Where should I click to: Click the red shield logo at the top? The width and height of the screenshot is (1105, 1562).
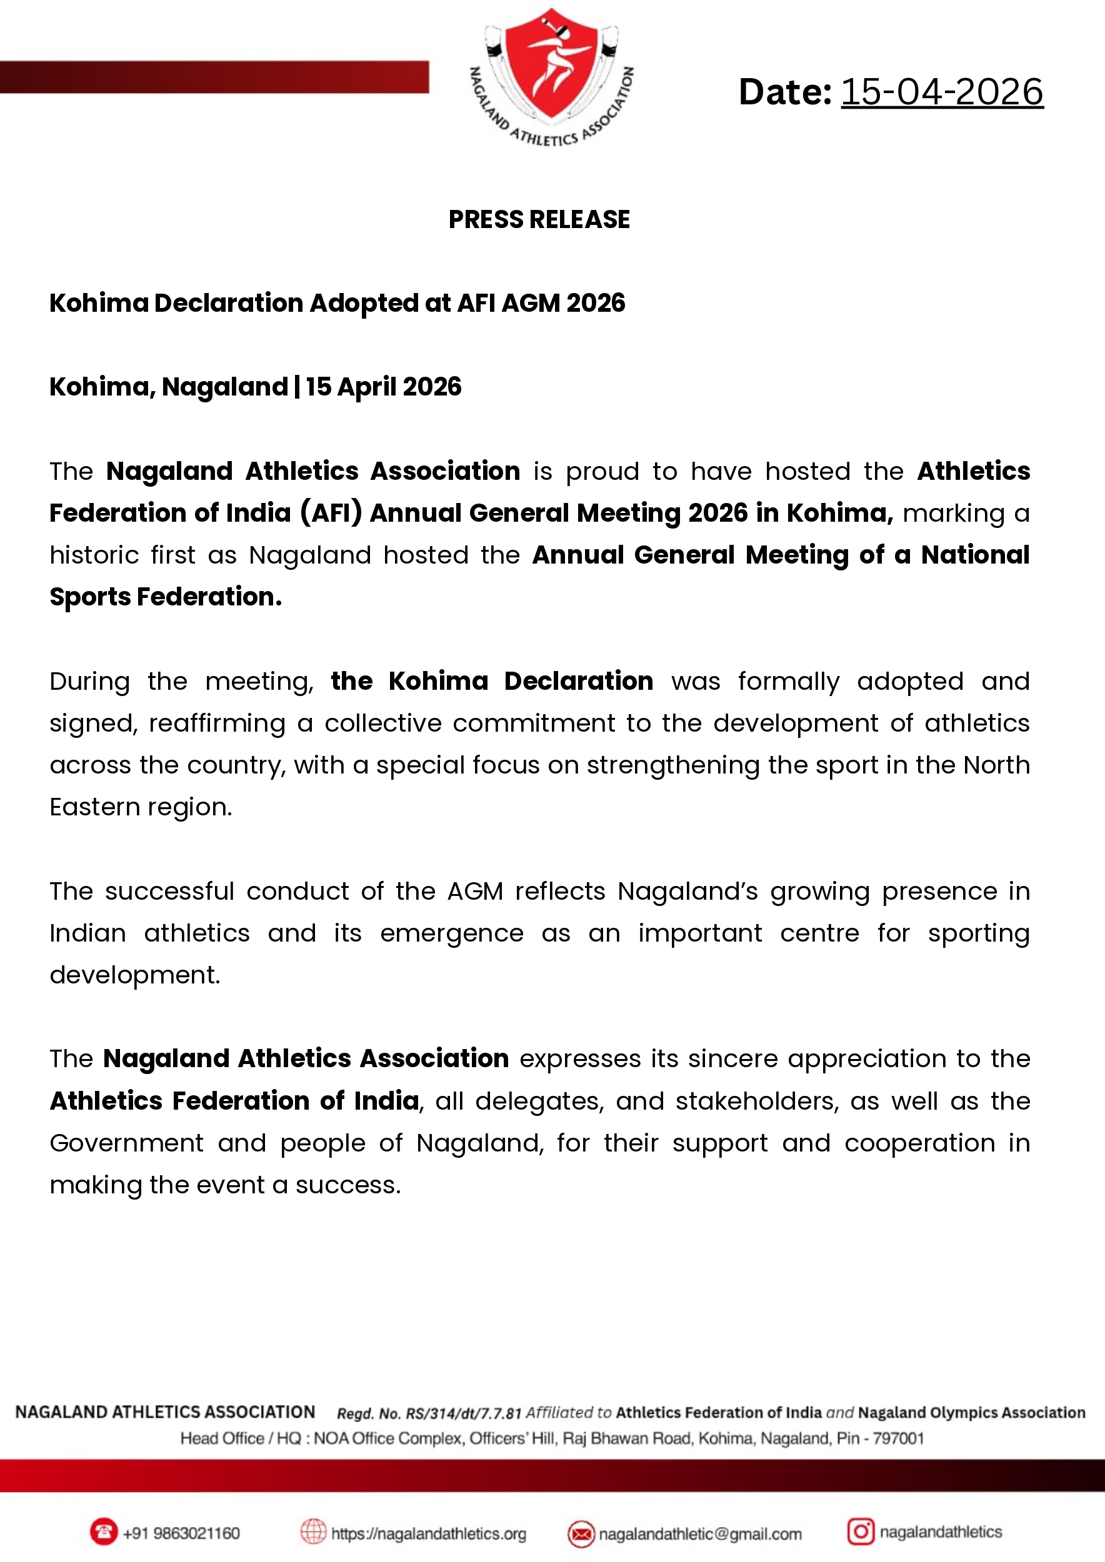pyautogui.click(x=552, y=64)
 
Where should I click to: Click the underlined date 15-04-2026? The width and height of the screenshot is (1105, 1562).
pyautogui.click(x=942, y=92)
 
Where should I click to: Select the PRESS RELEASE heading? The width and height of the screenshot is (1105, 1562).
pyautogui.click(x=539, y=220)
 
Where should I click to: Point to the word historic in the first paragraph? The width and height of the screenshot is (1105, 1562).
pyautogui.click(x=94, y=556)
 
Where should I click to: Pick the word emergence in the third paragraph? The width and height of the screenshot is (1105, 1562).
pyautogui.click(x=452, y=933)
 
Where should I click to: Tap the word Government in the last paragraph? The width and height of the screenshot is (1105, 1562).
pyautogui.click(x=126, y=1143)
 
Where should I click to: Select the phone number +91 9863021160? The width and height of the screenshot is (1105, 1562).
pyautogui.click(x=181, y=1533)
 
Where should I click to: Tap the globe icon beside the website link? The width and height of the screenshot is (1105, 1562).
pyautogui.click(x=314, y=1532)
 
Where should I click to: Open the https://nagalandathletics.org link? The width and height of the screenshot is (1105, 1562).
pyautogui.click(x=429, y=1533)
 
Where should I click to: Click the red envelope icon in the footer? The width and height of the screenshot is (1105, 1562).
pyautogui.click(x=581, y=1533)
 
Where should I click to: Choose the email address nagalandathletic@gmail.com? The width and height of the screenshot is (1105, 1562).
pyautogui.click(x=700, y=1533)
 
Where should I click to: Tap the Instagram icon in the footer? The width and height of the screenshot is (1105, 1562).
pyautogui.click(x=860, y=1531)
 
